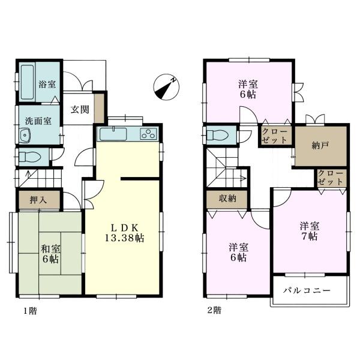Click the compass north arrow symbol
click(x=166, y=88)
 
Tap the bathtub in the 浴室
click(x=28, y=83)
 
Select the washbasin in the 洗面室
click(x=25, y=136)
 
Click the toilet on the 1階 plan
click(x=29, y=157)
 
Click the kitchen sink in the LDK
click(x=113, y=134)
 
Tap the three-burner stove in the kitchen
click(x=149, y=134)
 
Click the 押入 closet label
click(x=38, y=200)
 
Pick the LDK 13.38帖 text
click(x=124, y=233)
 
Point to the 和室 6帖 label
click(x=50, y=254)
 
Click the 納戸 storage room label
click(x=320, y=145)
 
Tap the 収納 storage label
click(x=227, y=199)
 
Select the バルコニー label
click(x=307, y=290)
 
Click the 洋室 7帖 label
click(x=310, y=231)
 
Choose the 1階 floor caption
click(x=30, y=311)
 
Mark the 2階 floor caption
click(x=214, y=310)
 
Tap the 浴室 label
click(x=47, y=84)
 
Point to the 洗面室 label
click(x=38, y=121)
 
